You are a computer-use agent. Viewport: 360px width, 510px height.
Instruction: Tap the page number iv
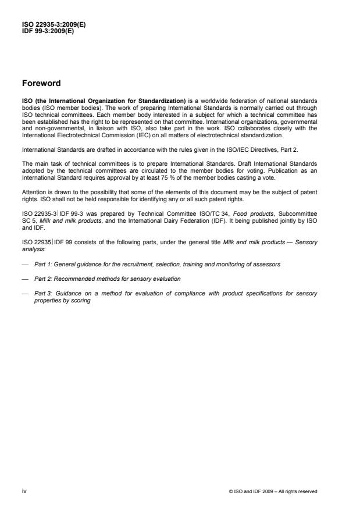pyautogui.click(x=24, y=491)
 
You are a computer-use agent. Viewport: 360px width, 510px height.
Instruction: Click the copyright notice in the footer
pyautogui.click(x=273, y=491)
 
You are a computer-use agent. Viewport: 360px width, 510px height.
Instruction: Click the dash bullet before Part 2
pyautogui.click(x=24, y=279)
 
